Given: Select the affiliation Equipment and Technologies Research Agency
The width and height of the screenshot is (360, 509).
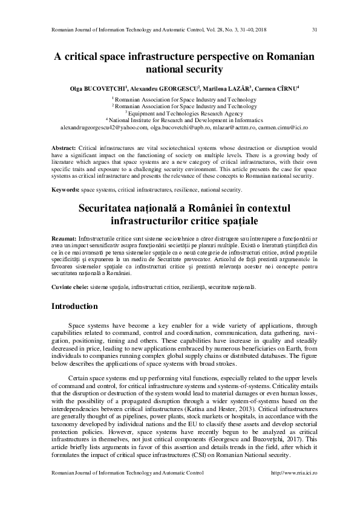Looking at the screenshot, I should coord(182,113).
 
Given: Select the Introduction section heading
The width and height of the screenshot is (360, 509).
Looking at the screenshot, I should coord(77,306).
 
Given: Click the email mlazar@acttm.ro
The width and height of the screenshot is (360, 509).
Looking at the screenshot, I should coord(235,128).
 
